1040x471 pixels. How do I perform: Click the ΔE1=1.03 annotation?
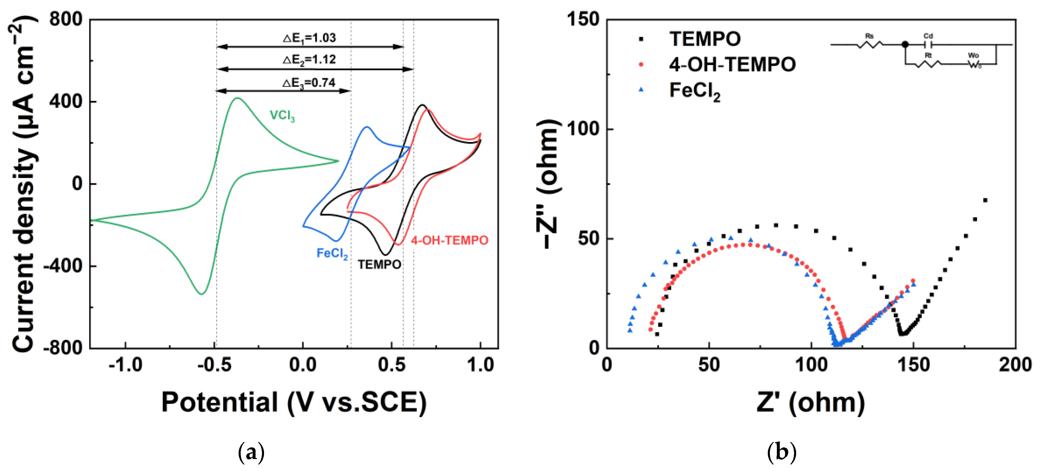(309, 38)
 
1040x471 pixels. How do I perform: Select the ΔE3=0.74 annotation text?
(309, 83)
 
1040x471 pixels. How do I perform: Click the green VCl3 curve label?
(282, 116)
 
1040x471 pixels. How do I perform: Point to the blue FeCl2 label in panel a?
(332, 253)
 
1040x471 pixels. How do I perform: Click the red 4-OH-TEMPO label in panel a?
(449, 241)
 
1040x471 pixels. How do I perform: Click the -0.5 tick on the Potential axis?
(214, 365)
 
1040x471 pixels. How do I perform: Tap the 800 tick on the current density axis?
(65, 19)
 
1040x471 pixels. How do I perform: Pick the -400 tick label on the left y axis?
(63, 266)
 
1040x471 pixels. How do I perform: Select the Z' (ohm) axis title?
(810, 402)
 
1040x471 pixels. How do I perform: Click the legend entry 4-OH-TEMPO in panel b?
(732, 64)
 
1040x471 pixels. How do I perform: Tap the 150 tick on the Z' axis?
(913, 365)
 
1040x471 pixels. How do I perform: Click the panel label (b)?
(782, 452)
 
